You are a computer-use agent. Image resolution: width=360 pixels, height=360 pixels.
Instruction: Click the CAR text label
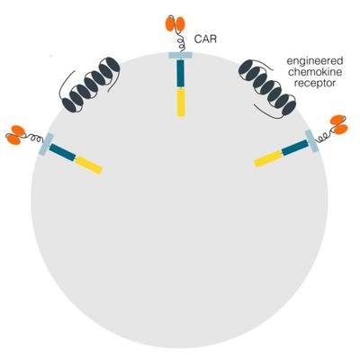coord(205,40)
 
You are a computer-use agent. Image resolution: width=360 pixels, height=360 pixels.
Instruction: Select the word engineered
coord(315,61)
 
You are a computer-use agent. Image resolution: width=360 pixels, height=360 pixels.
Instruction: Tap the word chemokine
coord(315,72)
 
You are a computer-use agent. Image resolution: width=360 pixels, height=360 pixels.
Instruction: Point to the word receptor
coord(315,83)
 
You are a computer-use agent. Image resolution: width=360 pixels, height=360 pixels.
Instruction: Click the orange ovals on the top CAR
coord(175,23)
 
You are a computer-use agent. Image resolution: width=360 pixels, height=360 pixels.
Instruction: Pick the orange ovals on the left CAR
coord(15,135)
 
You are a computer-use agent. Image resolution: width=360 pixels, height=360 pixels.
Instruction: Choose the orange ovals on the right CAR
coord(339,124)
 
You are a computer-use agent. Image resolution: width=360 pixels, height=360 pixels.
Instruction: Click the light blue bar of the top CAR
coord(180,55)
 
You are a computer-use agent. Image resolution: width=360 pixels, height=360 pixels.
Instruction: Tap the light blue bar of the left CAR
coord(46,144)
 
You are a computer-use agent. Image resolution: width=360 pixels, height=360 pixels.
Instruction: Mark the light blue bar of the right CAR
coord(312,141)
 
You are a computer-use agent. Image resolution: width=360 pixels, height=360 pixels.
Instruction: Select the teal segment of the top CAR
coord(180,73)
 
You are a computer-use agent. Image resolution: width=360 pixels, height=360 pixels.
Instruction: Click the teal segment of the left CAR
coord(63,152)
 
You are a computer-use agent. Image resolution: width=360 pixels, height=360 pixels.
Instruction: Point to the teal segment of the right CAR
coord(295,148)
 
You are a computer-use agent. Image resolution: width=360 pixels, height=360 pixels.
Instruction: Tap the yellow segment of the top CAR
coord(181,102)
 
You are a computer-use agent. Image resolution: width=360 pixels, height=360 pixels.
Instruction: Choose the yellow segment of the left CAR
coord(88,165)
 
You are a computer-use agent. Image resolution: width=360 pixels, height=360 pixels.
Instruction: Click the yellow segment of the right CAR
coord(268,158)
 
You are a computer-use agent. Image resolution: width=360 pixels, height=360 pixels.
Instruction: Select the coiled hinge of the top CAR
coord(181,41)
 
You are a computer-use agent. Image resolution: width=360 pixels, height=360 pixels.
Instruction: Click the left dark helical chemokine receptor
coord(90,84)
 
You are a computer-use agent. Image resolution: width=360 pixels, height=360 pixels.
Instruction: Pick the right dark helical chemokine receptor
coord(267,87)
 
